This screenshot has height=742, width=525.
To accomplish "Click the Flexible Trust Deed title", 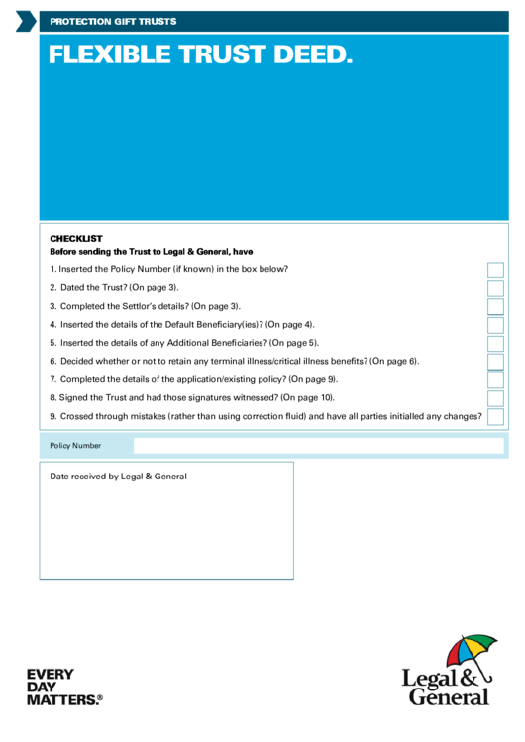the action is pos(200,56).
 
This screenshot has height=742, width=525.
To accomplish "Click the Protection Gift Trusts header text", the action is pos(113,21).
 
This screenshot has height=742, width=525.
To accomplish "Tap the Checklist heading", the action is pos(76,238).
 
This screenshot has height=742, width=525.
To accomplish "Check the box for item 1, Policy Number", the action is pos(495,269).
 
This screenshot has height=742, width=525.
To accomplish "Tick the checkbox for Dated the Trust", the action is pos(495,288).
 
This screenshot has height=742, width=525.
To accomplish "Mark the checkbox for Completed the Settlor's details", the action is pos(495,306).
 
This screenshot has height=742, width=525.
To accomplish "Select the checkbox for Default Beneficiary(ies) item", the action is pos(495,325).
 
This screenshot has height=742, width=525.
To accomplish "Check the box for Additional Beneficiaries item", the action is pos(495,343).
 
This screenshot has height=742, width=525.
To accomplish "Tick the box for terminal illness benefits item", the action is pos(495,362).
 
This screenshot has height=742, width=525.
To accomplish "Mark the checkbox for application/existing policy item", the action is pos(495,379).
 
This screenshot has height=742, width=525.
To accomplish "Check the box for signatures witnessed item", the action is pos(495,398).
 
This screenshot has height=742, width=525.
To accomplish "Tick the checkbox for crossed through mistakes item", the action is pos(495,416).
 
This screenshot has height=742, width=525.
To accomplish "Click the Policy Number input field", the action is pos(318,446).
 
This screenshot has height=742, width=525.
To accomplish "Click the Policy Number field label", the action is pos(75,446).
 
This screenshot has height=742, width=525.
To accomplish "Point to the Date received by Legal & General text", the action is pos(118,477).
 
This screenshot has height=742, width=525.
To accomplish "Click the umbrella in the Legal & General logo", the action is pos(471,653).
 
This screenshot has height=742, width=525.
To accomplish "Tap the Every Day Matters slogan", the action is pos(63,688).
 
